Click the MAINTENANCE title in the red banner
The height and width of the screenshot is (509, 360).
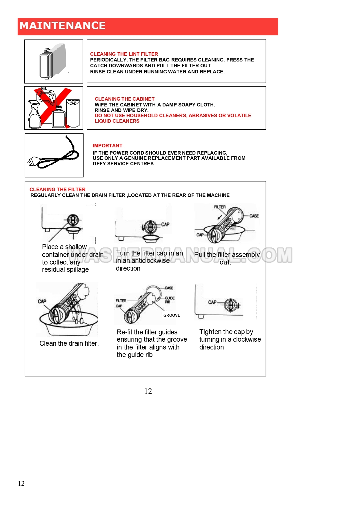tap(62, 26)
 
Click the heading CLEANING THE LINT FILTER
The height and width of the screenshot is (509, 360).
tap(124, 54)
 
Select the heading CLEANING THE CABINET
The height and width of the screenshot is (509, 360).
tap(125, 99)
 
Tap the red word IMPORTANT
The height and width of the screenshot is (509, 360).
tap(108, 146)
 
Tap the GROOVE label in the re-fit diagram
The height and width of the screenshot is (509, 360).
tap(172, 315)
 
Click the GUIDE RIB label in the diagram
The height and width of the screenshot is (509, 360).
tap(170, 300)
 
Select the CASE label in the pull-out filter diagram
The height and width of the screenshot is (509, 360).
tap(254, 216)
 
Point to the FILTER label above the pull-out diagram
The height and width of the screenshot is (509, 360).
tap(220, 207)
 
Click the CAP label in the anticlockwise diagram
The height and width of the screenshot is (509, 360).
tap(165, 224)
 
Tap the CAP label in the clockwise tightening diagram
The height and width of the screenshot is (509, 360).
tap(212, 302)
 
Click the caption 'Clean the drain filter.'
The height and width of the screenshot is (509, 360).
tap(69, 343)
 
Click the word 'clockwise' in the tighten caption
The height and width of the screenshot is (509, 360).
tap(247, 339)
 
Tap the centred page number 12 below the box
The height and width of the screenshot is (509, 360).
tap(148, 391)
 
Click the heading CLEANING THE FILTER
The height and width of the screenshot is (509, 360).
tap(57, 189)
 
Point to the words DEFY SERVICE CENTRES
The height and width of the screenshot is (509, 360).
tap(123, 164)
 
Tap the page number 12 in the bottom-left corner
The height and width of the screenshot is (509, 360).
tap(21, 483)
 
